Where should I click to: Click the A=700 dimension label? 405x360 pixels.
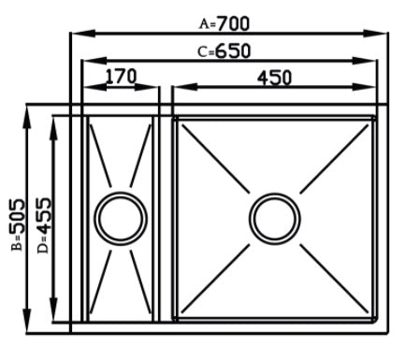pyautogui.click(x=224, y=24)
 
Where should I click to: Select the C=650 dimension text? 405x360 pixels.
pyautogui.click(x=224, y=51)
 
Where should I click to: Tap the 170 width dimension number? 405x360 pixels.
pyautogui.click(x=121, y=77)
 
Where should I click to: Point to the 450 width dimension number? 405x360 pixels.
pyautogui.click(x=274, y=78)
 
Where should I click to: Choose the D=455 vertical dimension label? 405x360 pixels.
pyautogui.click(x=43, y=225)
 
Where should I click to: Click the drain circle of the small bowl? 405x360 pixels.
pyautogui.click(x=121, y=219)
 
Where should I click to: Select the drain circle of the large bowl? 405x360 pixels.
pyautogui.click(x=275, y=219)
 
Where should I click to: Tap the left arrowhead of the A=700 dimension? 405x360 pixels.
pyautogui.click(x=83, y=33)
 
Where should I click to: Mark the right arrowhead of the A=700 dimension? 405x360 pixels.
pyautogui.click(x=375, y=33)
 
